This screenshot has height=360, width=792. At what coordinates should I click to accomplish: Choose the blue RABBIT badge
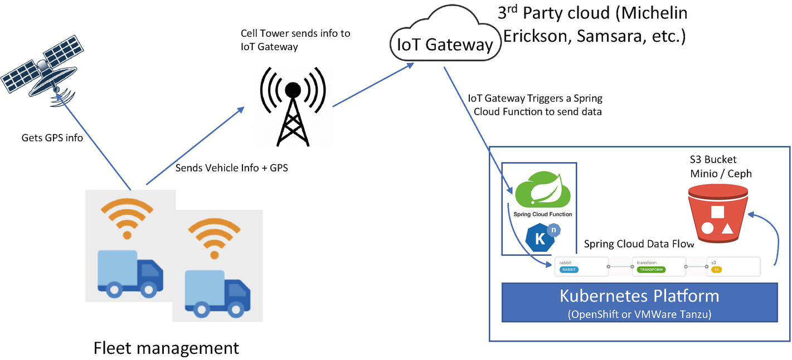569,270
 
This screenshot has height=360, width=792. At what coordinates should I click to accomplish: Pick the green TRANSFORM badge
651,270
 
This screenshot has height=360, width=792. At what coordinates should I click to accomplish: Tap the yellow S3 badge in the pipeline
717,270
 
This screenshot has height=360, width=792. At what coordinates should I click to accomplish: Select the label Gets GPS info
52,138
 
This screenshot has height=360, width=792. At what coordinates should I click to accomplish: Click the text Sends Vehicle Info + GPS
231,168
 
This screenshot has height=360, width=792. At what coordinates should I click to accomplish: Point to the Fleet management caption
166,348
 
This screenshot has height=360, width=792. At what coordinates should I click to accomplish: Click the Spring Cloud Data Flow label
639,244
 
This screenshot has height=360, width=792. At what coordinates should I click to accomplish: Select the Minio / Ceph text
719,173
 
